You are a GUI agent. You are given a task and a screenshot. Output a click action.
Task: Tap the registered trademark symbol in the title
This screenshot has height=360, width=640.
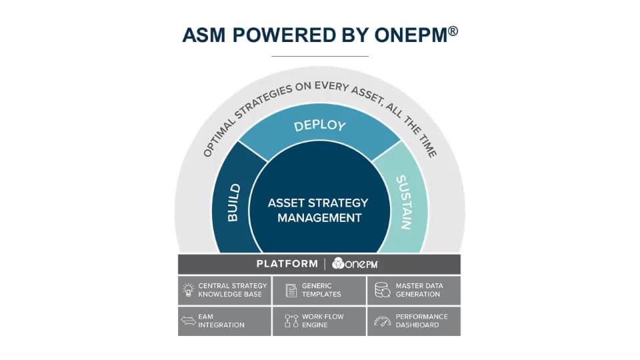(453, 30)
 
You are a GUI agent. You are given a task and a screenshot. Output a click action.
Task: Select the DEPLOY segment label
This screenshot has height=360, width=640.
(320, 126)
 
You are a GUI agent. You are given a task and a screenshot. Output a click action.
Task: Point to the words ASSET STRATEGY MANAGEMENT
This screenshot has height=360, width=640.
(319, 210)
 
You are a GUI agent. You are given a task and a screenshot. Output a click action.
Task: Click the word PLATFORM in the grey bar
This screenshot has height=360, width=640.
(287, 264)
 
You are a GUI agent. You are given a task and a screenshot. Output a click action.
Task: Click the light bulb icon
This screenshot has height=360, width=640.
(188, 289)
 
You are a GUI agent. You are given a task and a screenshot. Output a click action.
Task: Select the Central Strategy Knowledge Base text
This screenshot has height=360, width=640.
(232, 290)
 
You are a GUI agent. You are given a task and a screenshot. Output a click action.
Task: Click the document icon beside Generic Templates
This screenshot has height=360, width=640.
(291, 290)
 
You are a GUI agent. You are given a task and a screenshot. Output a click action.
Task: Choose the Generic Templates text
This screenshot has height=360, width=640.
(321, 290)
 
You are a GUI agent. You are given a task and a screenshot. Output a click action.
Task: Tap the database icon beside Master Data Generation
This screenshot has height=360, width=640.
(382, 290)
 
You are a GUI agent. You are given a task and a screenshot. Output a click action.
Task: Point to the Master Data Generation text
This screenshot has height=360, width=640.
(419, 290)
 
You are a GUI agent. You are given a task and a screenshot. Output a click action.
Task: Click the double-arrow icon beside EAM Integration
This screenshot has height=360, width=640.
(187, 321)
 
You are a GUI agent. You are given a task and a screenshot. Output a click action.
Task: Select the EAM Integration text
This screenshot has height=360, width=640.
(221, 321)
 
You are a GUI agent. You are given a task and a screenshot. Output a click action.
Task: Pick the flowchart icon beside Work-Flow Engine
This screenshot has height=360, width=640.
(291, 321)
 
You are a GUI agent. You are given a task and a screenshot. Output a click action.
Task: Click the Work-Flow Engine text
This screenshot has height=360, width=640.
(323, 321)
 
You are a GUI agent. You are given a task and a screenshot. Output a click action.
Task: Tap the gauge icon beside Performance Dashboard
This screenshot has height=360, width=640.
(382, 321)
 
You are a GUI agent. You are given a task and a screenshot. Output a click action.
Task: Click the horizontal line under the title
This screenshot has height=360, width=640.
(320, 56)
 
